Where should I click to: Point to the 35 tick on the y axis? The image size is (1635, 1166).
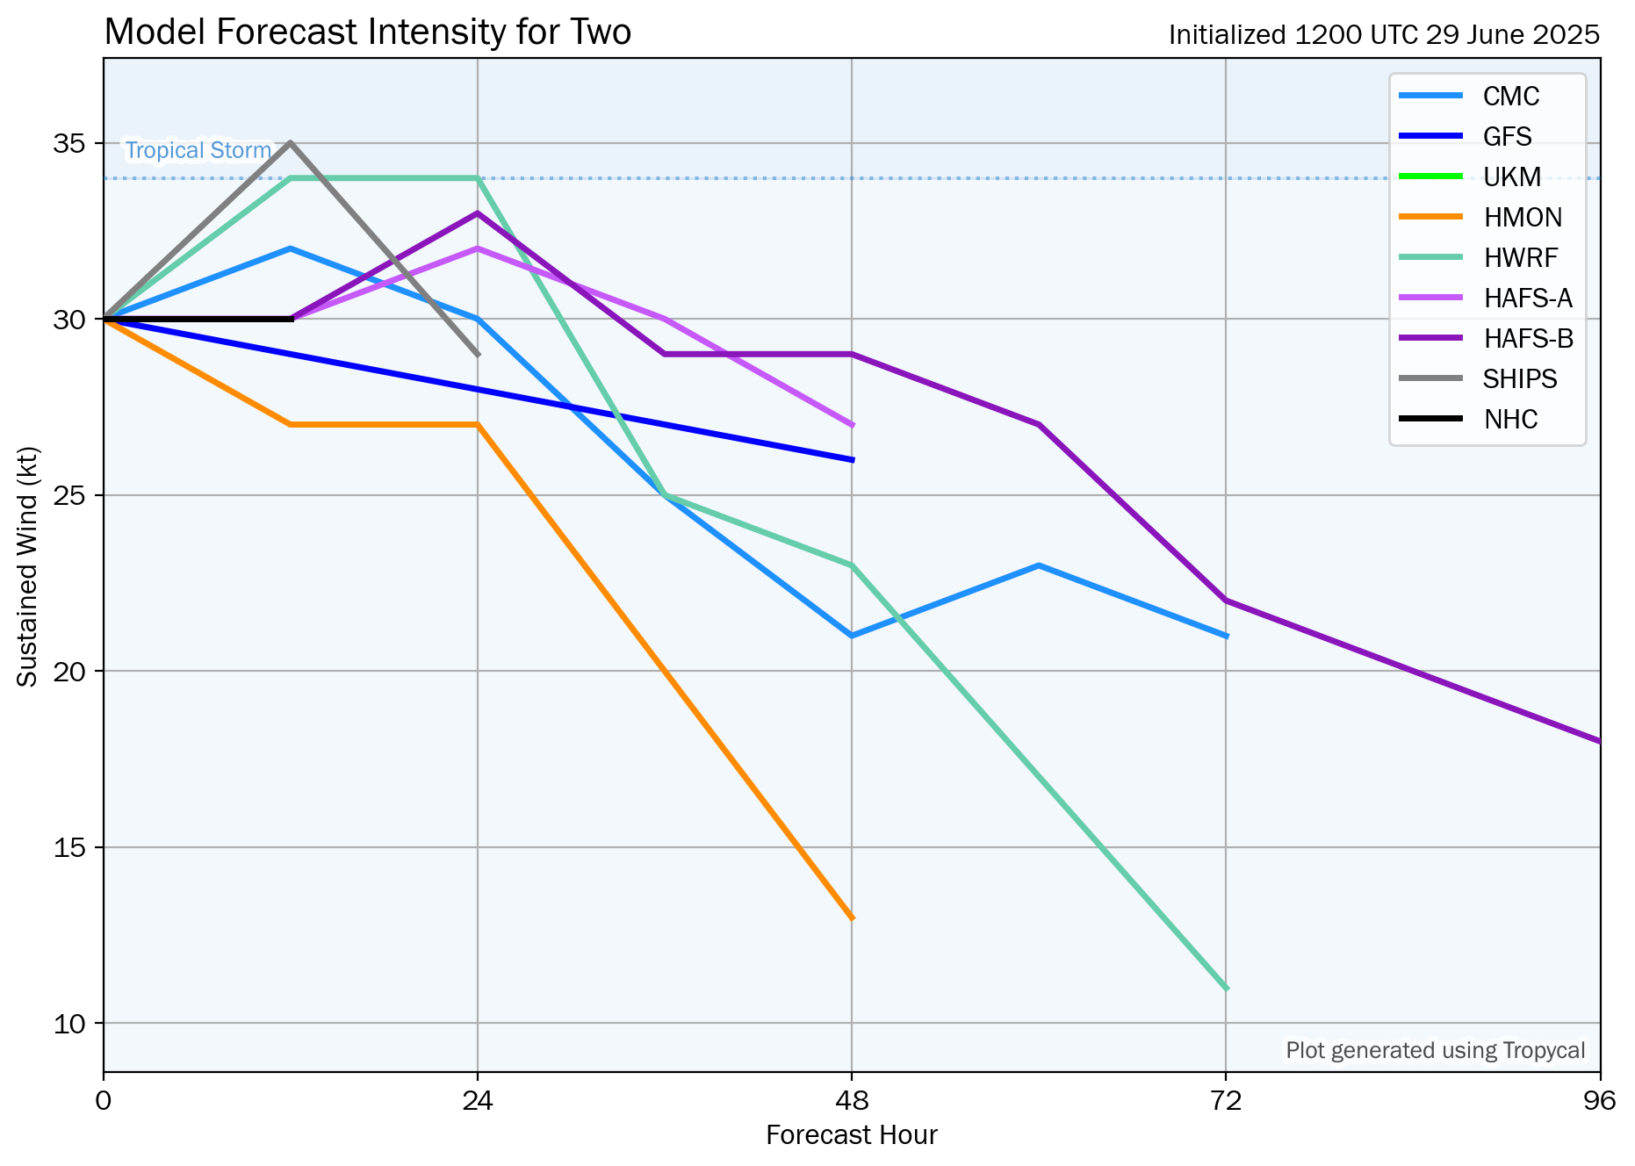(x=69, y=143)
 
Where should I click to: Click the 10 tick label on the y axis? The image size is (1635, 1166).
(x=69, y=1024)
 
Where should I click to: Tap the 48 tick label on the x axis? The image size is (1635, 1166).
(x=852, y=1100)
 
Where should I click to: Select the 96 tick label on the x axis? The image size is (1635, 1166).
(x=1600, y=1100)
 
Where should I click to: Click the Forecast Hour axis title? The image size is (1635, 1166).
(x=852, y=1135)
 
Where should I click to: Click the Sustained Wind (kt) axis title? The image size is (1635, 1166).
(x=28, y=566)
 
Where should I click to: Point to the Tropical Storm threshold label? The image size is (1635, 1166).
(x=198, y=151)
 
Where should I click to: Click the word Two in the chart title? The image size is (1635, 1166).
(x=601, y=32)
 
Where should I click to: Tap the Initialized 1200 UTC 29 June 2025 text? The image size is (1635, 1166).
(x=1384, y=35)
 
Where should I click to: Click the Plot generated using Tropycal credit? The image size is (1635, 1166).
(x=1435, y=1050)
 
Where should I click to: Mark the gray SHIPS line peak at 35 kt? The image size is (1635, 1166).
(x=291, y=142)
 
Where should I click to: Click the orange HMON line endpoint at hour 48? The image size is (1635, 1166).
(x=852, y=918)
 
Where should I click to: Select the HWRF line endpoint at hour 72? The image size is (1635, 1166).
(x=1226, y=989)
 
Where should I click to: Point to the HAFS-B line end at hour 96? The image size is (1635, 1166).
(x=1598, y=741)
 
